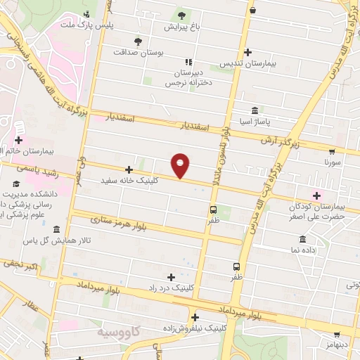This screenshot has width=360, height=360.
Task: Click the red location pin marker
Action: [x=181, y=165]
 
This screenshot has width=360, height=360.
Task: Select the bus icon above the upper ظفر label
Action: [x=213, y=210]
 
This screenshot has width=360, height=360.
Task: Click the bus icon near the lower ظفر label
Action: [x=236, y=266]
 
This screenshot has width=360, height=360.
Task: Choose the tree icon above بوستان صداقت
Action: [x=138, y=40]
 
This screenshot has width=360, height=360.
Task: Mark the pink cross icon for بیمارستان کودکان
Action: [x=316, y=195]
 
